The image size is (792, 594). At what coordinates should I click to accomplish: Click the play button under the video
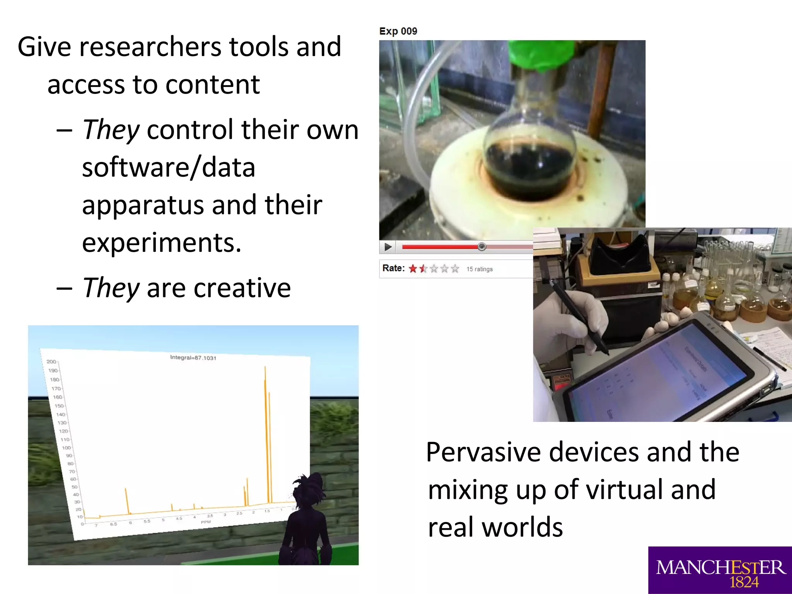388,247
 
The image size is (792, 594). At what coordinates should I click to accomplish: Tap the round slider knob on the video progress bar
481,247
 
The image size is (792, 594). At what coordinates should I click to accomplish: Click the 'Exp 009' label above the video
398,31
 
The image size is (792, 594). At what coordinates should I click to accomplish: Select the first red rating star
413,268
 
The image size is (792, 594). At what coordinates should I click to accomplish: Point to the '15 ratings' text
479,269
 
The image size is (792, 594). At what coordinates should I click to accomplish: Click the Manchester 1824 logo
720,570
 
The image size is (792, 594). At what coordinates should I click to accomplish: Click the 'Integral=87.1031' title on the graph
193,358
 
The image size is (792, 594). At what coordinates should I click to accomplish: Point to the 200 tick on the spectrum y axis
51,362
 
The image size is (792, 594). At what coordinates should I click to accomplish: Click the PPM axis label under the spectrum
206,522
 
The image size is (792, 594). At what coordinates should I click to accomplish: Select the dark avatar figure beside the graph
306,518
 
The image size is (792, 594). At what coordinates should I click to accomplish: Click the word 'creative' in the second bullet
242,288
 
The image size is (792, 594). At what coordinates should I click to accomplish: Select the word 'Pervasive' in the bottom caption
483,452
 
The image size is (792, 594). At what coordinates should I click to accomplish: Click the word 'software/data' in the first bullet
169,167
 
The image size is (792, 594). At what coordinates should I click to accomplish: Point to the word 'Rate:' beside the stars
393,268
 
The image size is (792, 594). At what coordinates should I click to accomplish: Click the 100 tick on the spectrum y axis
66,448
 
